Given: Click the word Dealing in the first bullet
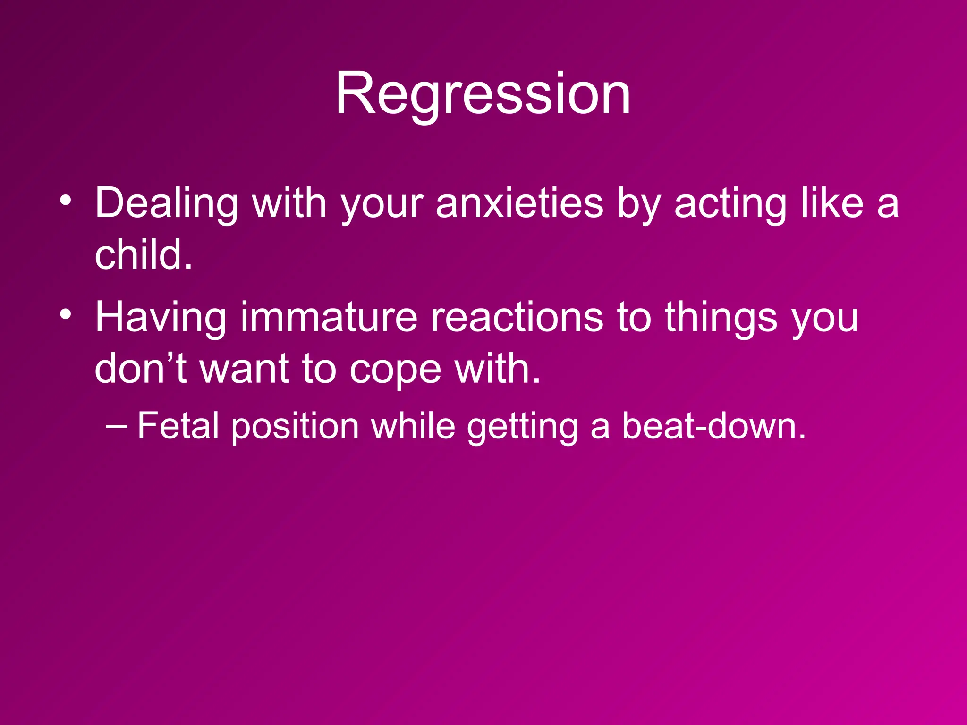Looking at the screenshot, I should [x=166, y=204].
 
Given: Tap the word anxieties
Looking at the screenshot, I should [x=519, y=204].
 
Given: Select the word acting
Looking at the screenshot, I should [x=730, y=204].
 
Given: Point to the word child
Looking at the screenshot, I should [x=143, y=255].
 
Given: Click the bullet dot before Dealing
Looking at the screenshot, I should [x=66, y=200].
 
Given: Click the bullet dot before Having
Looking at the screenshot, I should [x=66, y=313].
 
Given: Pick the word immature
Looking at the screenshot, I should [x=329, y=318].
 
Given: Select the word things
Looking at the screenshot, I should [x=721, y=318].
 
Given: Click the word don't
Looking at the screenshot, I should [x=140, y=369].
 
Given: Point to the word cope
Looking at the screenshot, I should [x=396, y=369].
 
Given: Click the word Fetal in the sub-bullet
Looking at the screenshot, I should [x=178, y=426].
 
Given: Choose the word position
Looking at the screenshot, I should [x=296, y=426].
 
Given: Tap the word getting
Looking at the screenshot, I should [x=523, y=426].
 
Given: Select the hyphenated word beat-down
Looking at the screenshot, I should [x=713, y=426].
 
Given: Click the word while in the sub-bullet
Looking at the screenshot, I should [x=413, y=426].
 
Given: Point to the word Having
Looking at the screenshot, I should [x=161, y=318].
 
